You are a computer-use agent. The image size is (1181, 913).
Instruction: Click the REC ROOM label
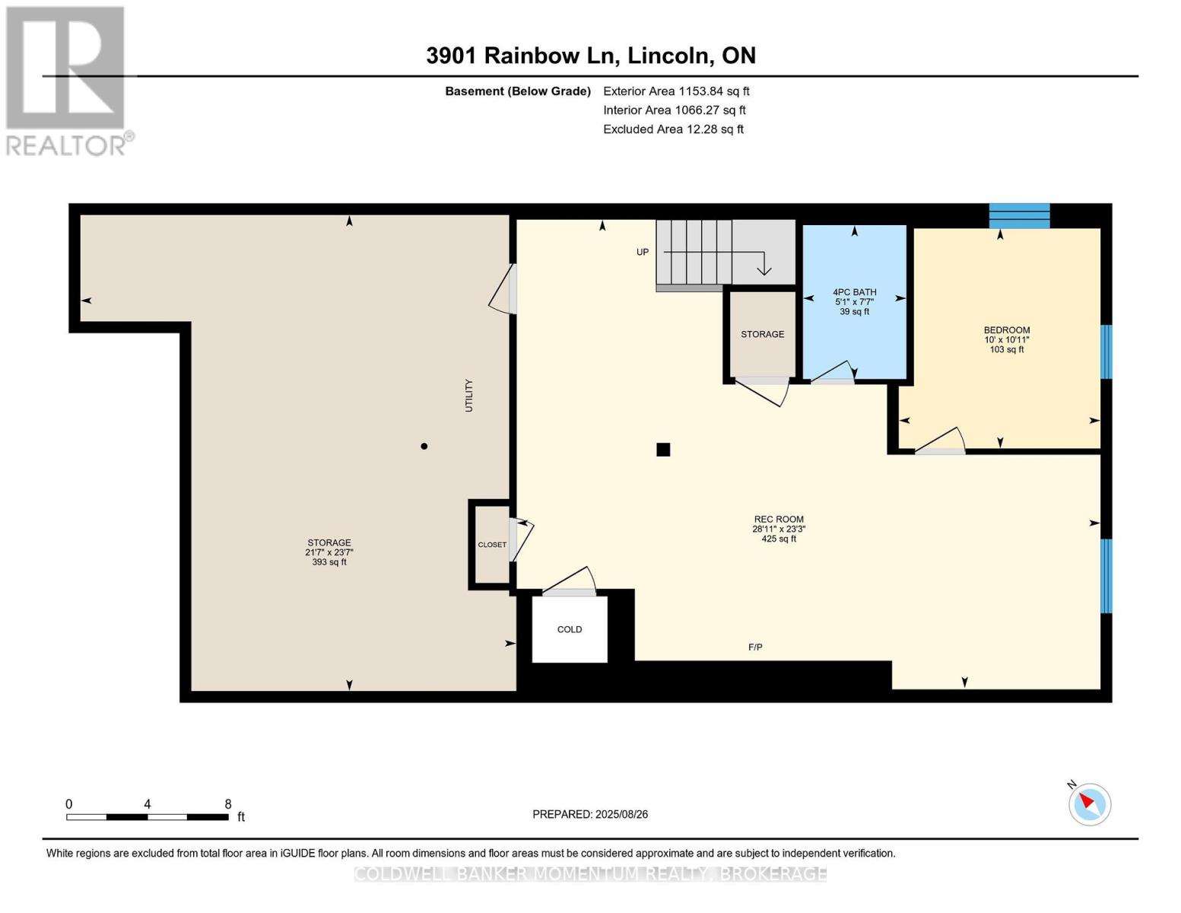click(x=778, y=520)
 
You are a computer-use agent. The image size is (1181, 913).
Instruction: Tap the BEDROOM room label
click(x=1007, y=330)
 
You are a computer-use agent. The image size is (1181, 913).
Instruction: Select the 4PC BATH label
click(x=854, y=292)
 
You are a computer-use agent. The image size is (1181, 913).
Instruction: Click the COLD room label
click(x=570, y=629)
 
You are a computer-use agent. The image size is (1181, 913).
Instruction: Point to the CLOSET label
click(x=492, y=544)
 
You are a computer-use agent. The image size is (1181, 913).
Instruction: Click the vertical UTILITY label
click(x=469, y=396)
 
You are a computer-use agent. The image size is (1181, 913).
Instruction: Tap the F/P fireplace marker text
click(x=755, y=647)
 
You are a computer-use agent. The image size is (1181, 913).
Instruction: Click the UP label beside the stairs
click(x=643, y=252)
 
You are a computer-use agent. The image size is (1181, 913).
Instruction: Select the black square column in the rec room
click(x=663, y=449)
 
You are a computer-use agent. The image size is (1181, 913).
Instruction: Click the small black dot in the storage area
click(x=424, y=447)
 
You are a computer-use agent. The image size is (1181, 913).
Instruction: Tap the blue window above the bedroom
click(x=1019, y=216)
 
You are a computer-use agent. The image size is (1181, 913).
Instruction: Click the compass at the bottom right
click(x=1090, y=804)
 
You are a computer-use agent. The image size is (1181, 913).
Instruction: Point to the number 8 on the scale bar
click(x=228, y=803)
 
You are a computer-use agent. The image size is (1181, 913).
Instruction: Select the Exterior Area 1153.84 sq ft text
click(x=676, y=91)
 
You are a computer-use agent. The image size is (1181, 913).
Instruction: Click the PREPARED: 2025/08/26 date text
click(x=590, y=814)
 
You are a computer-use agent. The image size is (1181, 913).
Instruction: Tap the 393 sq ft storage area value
click(x=329, y=561)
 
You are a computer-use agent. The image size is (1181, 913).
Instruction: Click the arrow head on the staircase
click(x=764, y=269)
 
